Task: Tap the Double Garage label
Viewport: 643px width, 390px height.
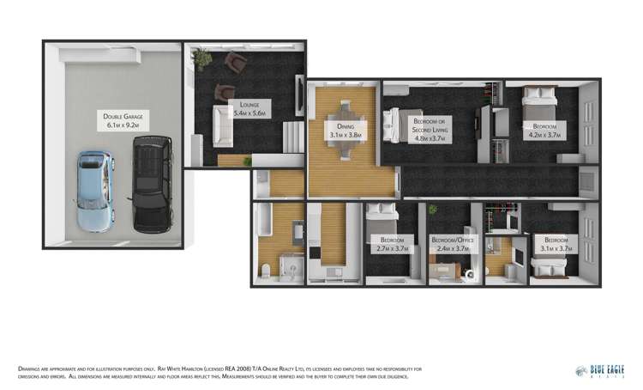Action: (x=121, y=120)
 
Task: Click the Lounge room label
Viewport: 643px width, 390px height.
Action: (x=249, y=108)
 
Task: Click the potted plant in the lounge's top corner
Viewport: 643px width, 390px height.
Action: (x=202, y=59)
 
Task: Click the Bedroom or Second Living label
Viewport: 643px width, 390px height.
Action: (x=431, y=130)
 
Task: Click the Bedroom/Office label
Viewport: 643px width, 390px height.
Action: (x=451, y=244)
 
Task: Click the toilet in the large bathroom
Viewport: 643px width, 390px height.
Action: (x=267, y=270)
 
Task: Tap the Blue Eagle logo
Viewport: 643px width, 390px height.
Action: (x=602, y=370)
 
